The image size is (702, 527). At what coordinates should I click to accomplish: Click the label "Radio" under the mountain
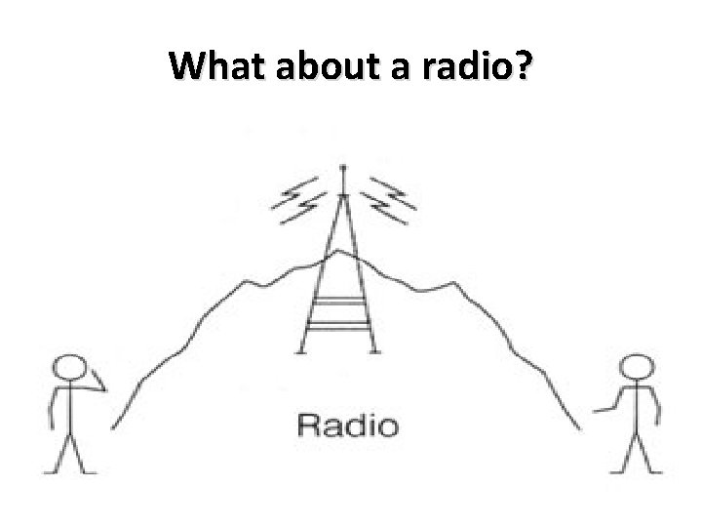347,426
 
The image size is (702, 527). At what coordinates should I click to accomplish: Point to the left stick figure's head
71,370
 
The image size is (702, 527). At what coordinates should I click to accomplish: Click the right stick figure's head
638,370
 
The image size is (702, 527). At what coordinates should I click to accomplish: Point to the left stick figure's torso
69,410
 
